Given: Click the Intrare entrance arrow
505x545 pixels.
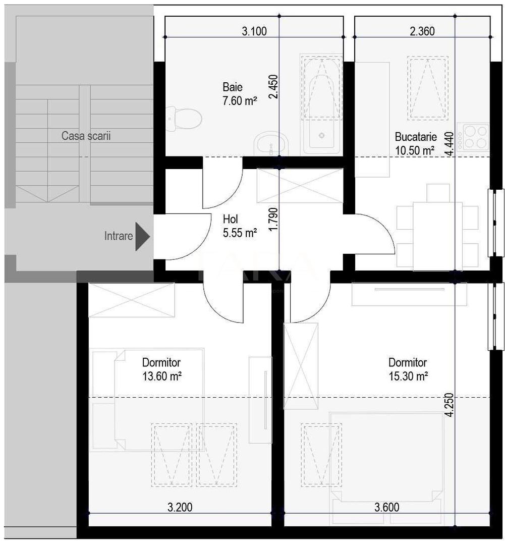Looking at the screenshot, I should (143, 236).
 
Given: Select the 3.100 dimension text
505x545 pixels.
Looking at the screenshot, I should (254, 31).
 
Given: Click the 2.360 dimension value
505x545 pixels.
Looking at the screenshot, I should (422, 31).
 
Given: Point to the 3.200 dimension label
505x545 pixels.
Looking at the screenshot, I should (180, 507).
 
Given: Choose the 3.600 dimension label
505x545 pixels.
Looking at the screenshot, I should (387, 507).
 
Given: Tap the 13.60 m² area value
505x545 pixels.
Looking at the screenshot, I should (161, 376).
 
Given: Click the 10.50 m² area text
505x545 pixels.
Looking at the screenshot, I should (415, 150).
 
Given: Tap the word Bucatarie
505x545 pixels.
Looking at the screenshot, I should (415, 137).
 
